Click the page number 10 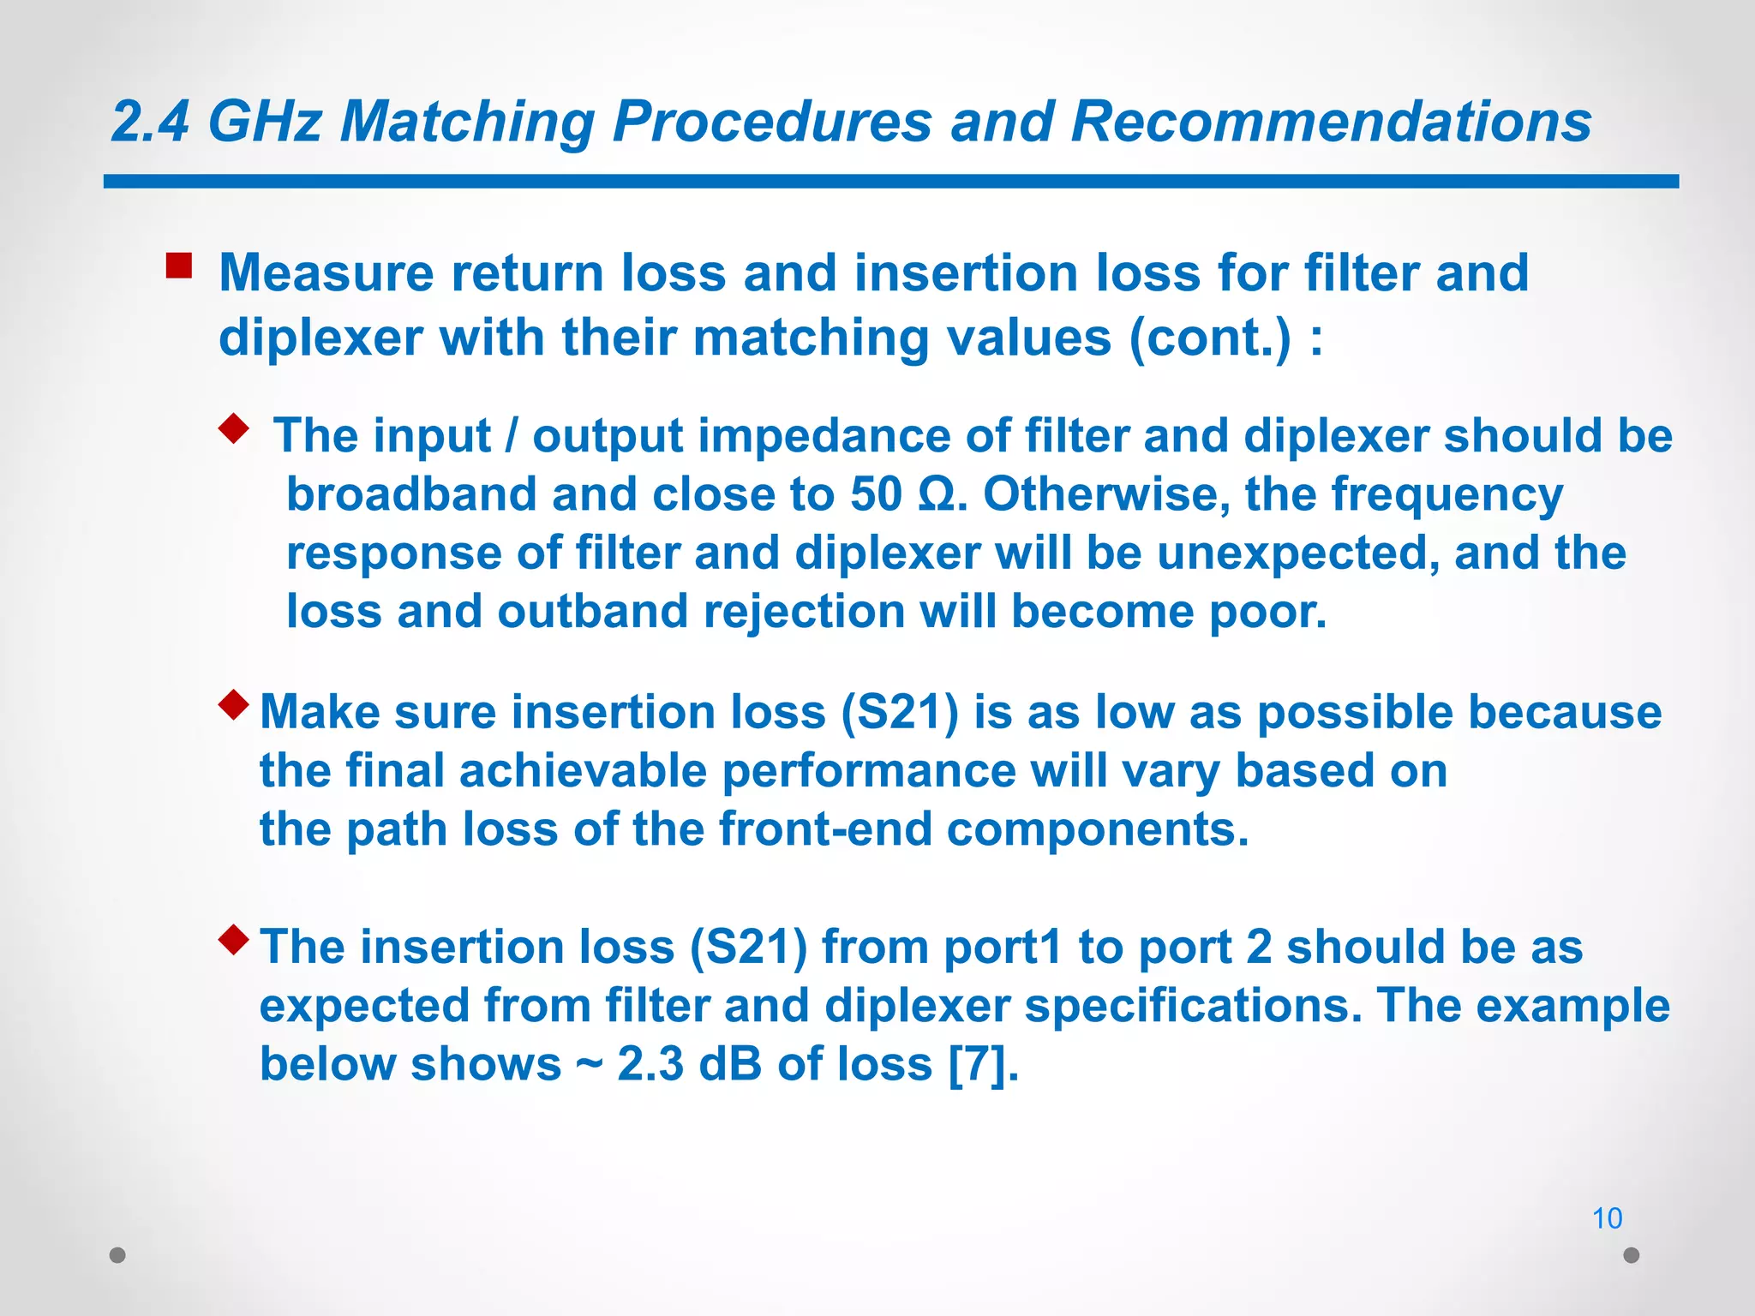tap(1607, 1217)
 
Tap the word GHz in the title tap(265, 121)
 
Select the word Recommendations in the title tap(1331, 121)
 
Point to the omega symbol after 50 tap(936, 494)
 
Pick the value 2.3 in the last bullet tap(650, 1064)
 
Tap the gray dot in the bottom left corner tap(118, 1255)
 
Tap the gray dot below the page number tap(1632, 1255)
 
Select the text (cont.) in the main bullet tap(1209, 338)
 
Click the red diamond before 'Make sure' tap(233, 705)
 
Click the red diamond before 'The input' tap(233, 427)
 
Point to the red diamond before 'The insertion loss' tap(233, 940)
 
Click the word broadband tap(410, 494)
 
